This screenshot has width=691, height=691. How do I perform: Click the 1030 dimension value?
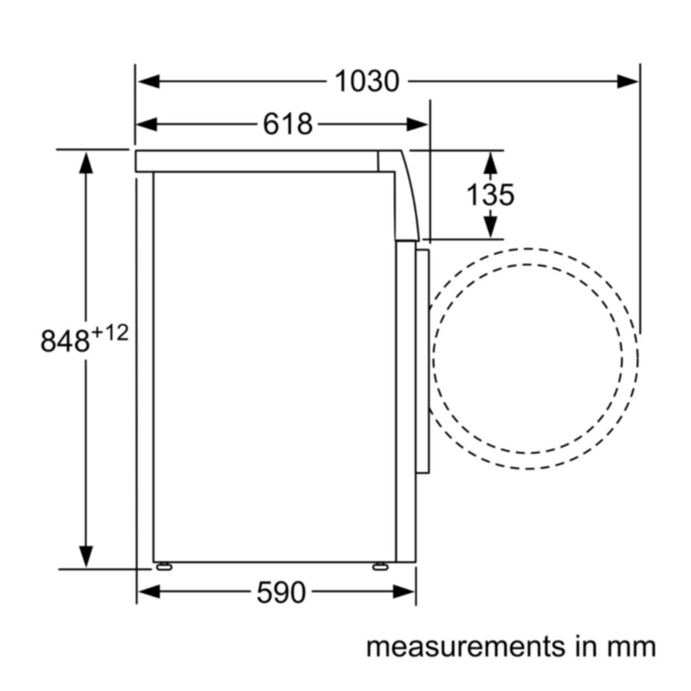tap(367, 81)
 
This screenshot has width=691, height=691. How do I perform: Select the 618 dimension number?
tap(288, 124)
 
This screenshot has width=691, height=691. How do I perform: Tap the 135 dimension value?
tap(490, 195)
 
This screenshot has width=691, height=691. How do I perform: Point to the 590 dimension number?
tap(282, 592)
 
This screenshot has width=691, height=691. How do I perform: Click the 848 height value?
tap(66, 340)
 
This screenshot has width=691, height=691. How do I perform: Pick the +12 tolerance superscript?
tap(110, 333)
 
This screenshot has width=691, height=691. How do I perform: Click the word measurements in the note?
tap(466, 647)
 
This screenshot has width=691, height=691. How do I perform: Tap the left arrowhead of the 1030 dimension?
tap(149, 81)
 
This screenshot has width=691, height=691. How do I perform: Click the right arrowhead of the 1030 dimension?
tap(628, 81)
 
